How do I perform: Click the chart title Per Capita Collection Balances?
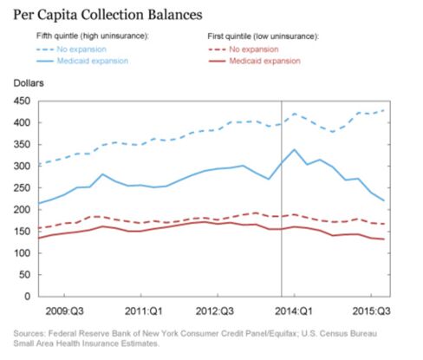coord(107,15)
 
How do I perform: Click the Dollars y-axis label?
coord(29,83)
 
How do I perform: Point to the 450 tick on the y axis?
coord(22,101)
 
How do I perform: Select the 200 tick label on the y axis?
coord(22,210)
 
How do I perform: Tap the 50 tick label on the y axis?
coord(25,275)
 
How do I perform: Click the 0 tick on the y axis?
coord(28,297)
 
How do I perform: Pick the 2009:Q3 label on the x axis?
coord(65,311)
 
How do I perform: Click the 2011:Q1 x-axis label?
coord(144,311)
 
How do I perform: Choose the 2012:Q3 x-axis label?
coord(215,311)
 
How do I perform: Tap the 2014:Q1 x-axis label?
coord(294,311)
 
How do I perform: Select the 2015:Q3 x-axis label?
coord(371,311)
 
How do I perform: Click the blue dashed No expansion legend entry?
coord(71,49)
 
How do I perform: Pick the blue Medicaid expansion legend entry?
coord(82,61)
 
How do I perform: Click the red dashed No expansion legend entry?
coord(244,49)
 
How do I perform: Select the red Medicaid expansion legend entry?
coord(254,61)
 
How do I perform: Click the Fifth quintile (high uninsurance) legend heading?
coord(92,36)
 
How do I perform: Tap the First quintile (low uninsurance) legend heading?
coord(263,36)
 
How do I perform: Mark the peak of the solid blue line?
coord(294,149)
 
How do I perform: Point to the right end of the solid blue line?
coord(384,200)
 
